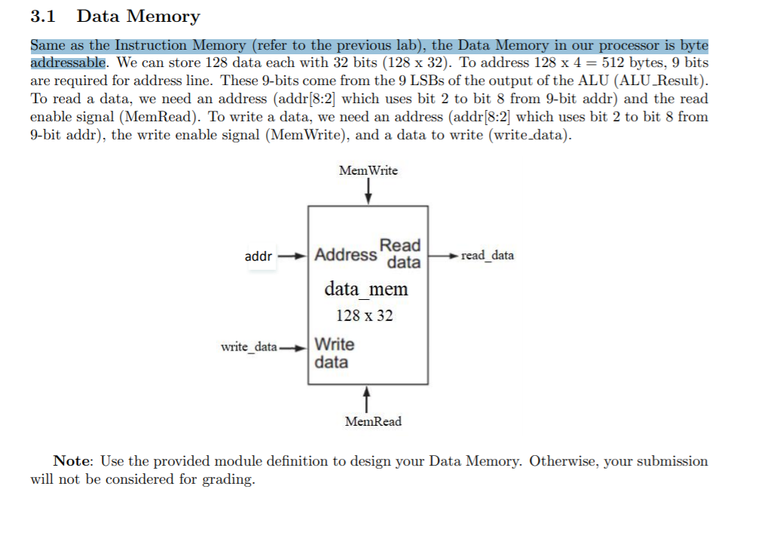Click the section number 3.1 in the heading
click(x=44, y=16)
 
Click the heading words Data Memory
click(x=139, y=16)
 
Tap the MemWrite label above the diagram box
click(x=368, y=170)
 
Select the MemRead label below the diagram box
click(x=373, y=421)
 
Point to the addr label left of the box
click(x=258, y=256)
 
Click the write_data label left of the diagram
click(x=249, y=347)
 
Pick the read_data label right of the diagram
click(x=487, y=255)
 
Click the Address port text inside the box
click(x=346, y=255)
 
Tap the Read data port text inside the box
click(x=402, y=253)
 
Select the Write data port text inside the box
click(x=334, y=353)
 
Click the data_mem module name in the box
click(x=366, y=289)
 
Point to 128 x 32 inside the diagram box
click(x=365, y=316)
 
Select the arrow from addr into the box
click(x=293, y=255)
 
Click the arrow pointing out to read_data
click(x=443, y=255)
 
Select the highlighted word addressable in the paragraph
click(x=68, y=62)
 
